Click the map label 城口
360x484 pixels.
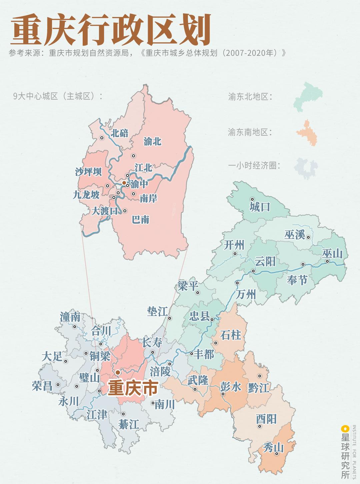(x=260, y=207)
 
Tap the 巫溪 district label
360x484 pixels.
(x=295, y=235)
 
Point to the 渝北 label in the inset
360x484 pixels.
(x=152, y=141)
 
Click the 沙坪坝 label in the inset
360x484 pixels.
(x=88, y=172)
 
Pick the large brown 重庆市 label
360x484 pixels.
(x=133, y=388)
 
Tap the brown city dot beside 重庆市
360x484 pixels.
(x=118, y=372)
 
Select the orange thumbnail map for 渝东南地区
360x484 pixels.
(x=307, y=133)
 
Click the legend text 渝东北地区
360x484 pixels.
(x=250, y=97)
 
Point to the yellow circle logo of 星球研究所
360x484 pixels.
(x=344, y=429)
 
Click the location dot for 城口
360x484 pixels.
(x=252, y=199)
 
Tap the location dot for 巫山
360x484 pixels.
(x=327, y=261)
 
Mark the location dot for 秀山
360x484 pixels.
(x=277, y=454)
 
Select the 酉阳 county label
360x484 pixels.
(x=266, y=419)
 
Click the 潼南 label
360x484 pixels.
(x=70, y=317)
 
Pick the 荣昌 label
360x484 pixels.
(x=42, y=386)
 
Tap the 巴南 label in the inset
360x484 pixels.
(x=140, y=220)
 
